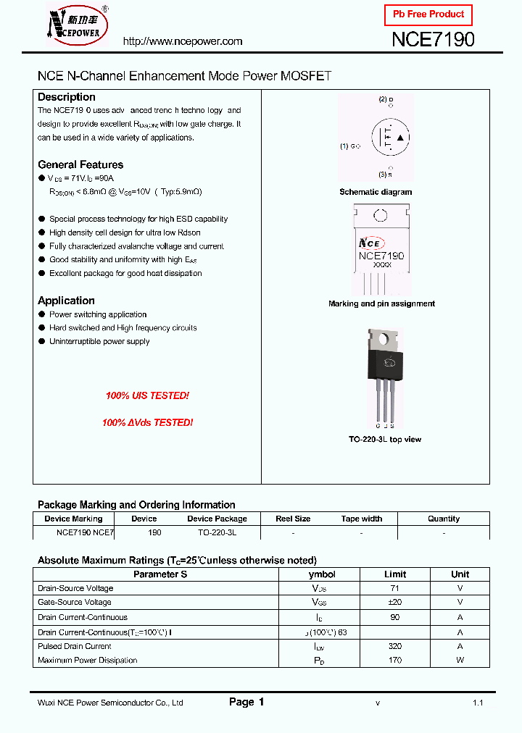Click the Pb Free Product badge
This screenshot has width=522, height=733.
[x=428, y=14]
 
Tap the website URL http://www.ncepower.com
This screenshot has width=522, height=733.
[x=183, y=41]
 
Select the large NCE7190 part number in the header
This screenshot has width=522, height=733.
[x=433, y=40]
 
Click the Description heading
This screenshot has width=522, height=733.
[x=67, y=97]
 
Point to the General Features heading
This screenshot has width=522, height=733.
[x=80, y=164]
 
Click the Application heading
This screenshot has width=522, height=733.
[x=66, y=301]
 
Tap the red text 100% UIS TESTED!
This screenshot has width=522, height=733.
[x=147, y=396]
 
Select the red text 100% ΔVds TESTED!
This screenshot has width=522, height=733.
[x=147, y=422]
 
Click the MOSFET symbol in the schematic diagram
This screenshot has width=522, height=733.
[x=390, y=138]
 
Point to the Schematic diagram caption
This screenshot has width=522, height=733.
[x=376, y=192]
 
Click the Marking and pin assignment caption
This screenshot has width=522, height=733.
[x=381, y=303]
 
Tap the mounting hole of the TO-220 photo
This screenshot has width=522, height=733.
[x=384, y=337]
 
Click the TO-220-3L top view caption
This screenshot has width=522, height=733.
[x=385, y=440]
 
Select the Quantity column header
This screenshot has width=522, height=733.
[x=444, y=519]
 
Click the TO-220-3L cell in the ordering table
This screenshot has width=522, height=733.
[x=217, y=532]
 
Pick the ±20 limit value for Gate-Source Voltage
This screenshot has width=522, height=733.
[x=395, y=602]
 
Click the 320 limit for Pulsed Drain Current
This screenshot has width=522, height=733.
[x=395, y=646]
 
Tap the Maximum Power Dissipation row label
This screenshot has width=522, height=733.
[x=87, y=660]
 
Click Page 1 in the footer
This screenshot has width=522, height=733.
[x=246, y=702]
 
